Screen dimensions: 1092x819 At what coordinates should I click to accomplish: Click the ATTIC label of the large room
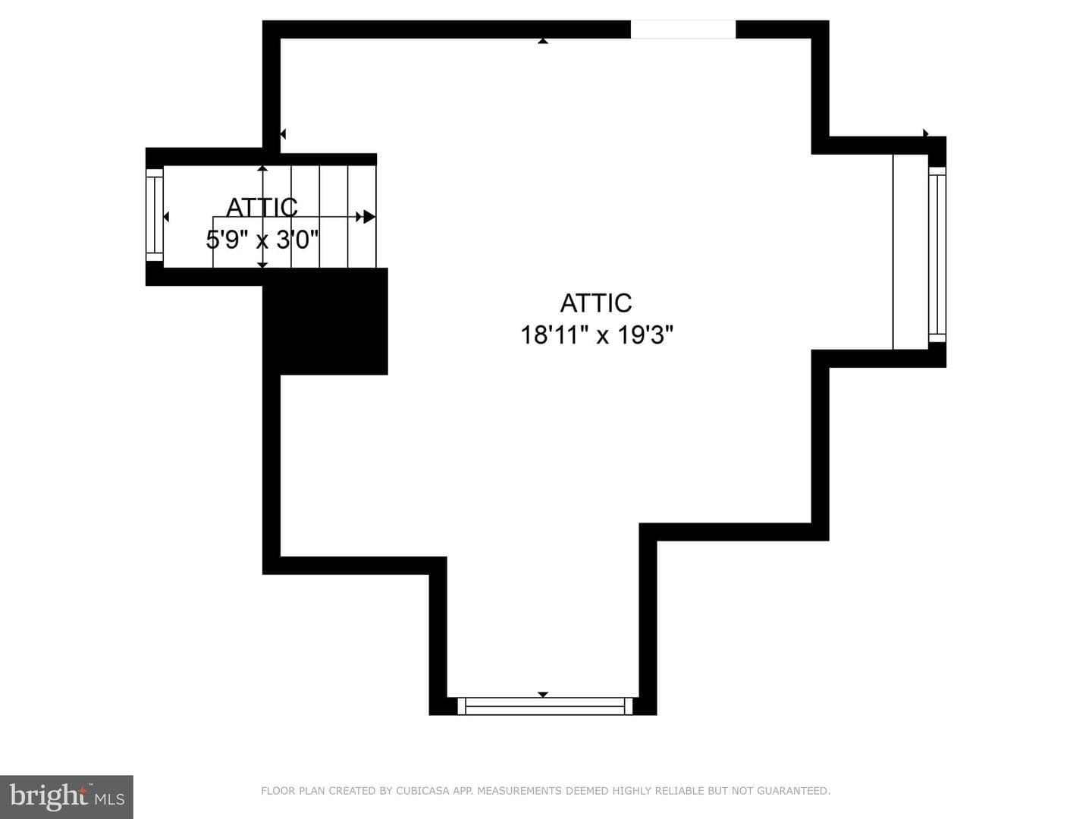595,303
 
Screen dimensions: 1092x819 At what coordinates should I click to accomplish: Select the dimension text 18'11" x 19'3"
597,334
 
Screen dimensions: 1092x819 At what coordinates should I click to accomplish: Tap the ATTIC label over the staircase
262,207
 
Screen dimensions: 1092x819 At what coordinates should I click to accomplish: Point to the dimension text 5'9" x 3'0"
262,240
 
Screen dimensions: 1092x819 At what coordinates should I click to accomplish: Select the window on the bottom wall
544,705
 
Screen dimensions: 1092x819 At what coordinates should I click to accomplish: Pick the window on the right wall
937,255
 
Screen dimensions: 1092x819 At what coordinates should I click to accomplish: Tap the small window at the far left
154,215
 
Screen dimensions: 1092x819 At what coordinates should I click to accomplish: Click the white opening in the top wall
683,30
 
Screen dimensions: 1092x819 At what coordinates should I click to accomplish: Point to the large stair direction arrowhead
369,217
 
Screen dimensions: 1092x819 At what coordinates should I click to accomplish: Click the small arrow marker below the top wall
543,41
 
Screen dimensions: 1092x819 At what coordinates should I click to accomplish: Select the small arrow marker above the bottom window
543,695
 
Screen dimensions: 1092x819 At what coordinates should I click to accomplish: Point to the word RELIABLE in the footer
683,790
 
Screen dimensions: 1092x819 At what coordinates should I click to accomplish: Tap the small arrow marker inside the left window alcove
166,217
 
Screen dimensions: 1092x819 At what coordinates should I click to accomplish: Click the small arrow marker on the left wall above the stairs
283,133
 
